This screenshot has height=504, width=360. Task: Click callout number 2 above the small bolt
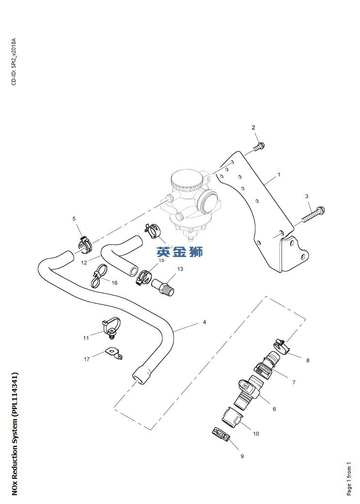253,128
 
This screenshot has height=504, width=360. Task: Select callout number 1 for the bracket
279,174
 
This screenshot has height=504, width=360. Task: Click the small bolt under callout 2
259,146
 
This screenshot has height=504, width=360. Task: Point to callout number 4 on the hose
204,322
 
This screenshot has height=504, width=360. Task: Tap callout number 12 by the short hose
84,263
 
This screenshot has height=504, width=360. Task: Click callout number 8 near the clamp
308,360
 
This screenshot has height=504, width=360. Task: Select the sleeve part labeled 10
233,417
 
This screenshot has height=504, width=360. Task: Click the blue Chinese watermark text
180,251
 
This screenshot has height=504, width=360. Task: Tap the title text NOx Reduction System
15,433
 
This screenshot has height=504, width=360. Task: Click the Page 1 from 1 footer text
349,479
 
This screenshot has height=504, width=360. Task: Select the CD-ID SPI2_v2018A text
14,61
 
